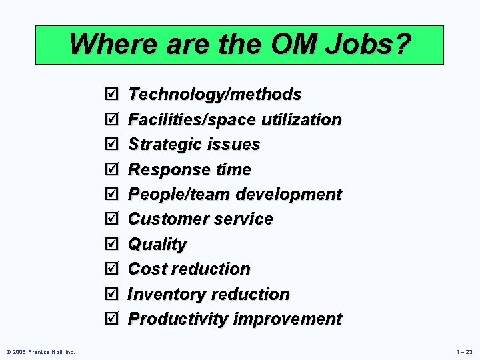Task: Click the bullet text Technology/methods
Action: (x=215, y=95)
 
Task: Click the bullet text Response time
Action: (x=189, y=170)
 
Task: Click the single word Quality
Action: (x=157, y=245)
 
